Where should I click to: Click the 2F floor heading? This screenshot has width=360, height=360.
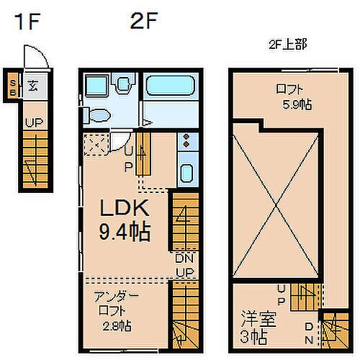(143, 22)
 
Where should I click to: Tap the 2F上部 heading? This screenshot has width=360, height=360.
(286, 45)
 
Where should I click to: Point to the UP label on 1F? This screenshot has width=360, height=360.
(33, 123)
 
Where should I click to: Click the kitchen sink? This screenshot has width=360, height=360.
(186, 174)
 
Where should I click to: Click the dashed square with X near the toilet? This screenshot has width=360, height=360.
(94, 145)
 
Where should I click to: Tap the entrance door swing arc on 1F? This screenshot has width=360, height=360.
(33, 55)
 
